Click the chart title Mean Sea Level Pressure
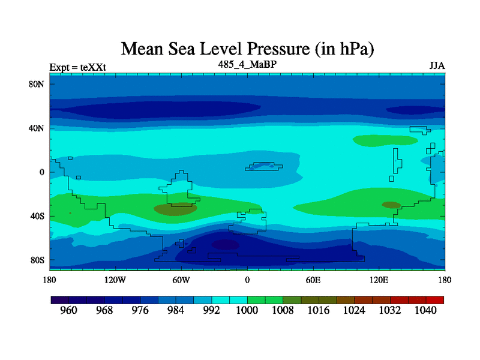[x=251, y=48]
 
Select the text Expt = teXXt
[x=77, y=67]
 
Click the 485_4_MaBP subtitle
[x=247, y=64]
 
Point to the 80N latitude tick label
[x=37, y=84]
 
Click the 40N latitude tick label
[x=37, y=128]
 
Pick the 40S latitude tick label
[x=37, y=216]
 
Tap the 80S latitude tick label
[x=37, y=260]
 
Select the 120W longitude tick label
[x=115, y=280]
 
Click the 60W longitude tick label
[x=181, y=280]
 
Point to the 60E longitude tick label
[x=313, y=280]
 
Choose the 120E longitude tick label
[x=379, y=280]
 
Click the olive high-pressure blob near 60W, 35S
[x=175, y=209]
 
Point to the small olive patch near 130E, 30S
[x=391, y=205]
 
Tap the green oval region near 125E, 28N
[x=385, y=140]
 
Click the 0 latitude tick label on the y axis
[x=42, y=172]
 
